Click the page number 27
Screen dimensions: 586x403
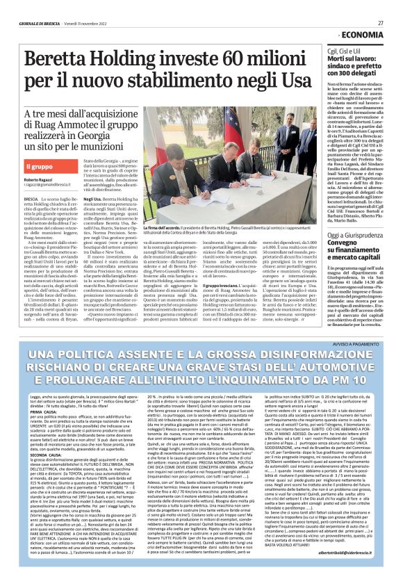pyautogui.click(x=381, y=22)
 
